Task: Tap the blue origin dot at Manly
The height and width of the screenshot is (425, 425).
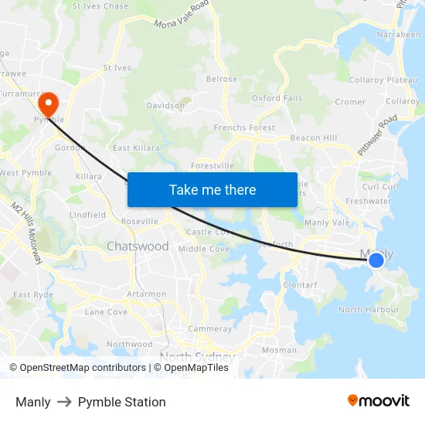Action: coord(376,260)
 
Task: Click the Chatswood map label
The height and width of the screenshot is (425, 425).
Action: coord(138,246)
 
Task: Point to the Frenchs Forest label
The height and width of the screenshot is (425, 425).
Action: coord(244,127)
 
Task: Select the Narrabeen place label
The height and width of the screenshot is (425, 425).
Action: coord(399,35)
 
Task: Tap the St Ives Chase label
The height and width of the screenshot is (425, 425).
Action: coord(100,6)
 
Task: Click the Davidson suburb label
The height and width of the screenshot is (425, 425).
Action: coord(165,105)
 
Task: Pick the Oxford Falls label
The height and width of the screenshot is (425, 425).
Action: coord(277,98)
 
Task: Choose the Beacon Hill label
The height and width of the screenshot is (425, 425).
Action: coord(314,138)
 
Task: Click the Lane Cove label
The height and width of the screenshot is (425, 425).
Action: coord(106,312)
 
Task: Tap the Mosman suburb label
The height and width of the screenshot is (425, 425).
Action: coord(279,350)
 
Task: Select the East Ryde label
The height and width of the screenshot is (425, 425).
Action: coord(33,294)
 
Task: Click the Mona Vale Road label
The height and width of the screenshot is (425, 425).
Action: coord(182,15)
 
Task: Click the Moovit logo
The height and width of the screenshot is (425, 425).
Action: coord(379,400)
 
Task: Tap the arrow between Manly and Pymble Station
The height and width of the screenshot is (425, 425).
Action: coord(64,402)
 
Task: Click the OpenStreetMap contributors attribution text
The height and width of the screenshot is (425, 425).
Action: coord(77,368)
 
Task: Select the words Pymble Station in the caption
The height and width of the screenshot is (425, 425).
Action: coord(122,402)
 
